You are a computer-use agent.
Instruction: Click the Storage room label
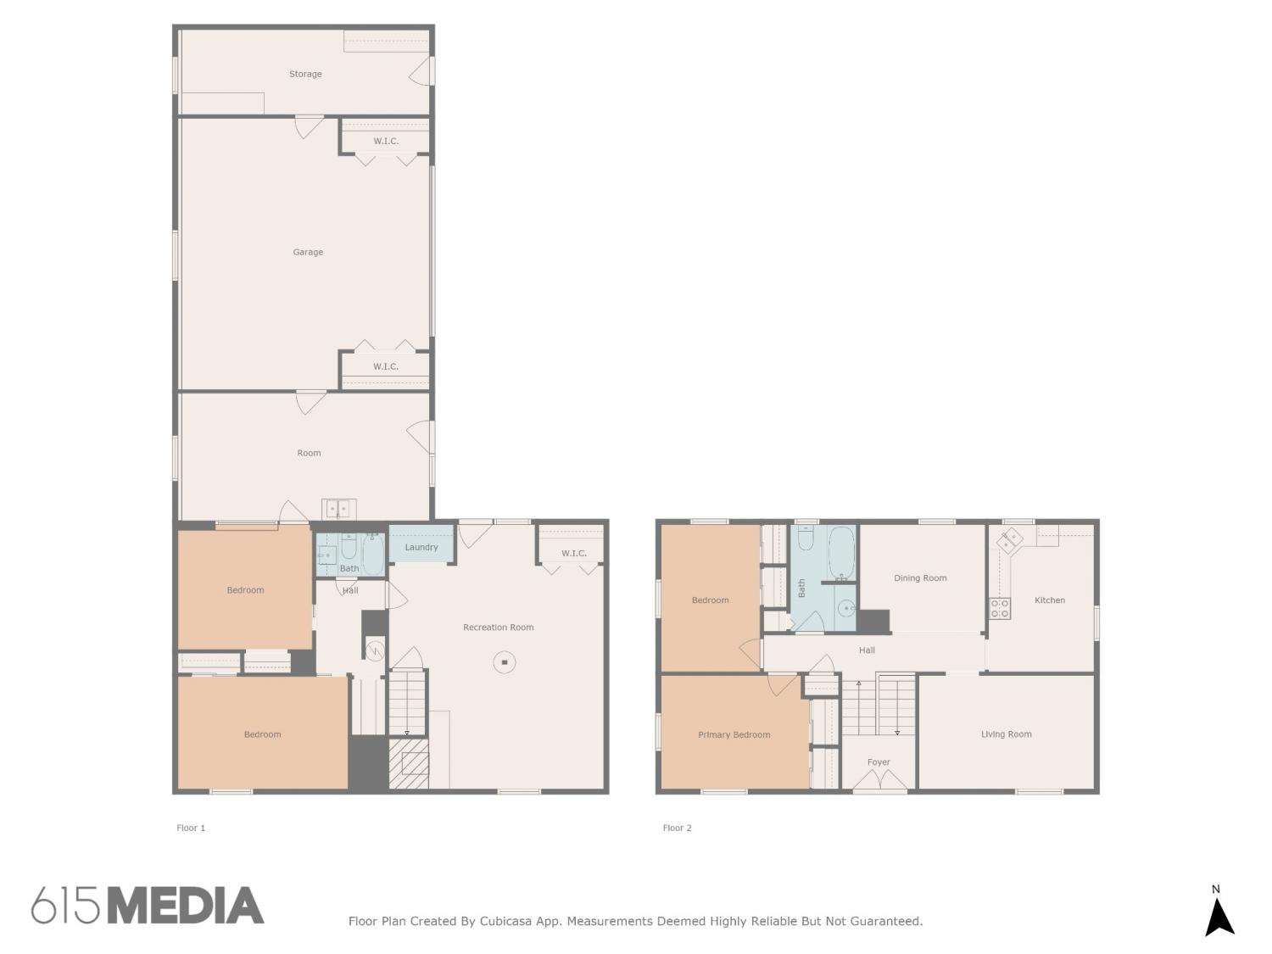(304, 74)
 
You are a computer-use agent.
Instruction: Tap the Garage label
(308, 252)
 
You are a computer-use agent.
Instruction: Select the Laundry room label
(421, 547)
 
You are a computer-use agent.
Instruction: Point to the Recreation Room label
(498, 628)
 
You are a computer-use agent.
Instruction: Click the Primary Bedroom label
(734, 735)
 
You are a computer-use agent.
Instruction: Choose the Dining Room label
(920, 578)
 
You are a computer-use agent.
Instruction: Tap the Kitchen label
(1050, 600)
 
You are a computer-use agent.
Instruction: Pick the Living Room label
(1006, 734)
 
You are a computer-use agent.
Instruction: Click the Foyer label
(879, 762)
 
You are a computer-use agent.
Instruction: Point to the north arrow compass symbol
(1219, 918)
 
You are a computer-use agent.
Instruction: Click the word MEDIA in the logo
(187, 905)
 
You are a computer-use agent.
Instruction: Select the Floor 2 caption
(677, 828)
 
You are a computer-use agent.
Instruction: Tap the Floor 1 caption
(191, 828)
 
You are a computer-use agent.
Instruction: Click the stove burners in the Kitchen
(1000, 609)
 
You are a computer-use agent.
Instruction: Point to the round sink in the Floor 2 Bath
(846, 609)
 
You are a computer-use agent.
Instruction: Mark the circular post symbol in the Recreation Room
(505, 662)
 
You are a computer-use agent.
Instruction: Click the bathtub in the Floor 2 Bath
(841, 553)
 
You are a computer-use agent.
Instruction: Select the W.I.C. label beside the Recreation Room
(574, 553)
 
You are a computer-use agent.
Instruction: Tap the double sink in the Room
(339, 509)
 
